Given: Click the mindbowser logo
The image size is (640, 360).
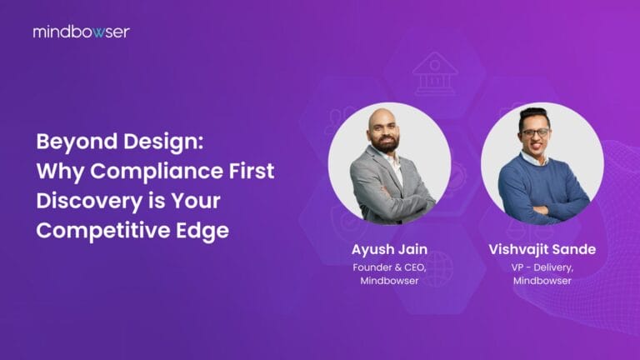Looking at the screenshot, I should (x=81, y=32).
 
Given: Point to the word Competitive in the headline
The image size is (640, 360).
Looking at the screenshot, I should (x=97, y=231).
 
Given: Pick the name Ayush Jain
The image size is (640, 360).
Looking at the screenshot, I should (x=388, y=249).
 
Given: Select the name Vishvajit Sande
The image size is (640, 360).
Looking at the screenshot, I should (x=542, y=249).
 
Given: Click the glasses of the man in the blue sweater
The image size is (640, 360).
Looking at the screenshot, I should (x=535, y=132).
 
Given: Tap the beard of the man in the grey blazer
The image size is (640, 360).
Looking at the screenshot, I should (x=384, y=141).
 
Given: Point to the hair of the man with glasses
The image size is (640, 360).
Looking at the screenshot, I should (x=534, y=116).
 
